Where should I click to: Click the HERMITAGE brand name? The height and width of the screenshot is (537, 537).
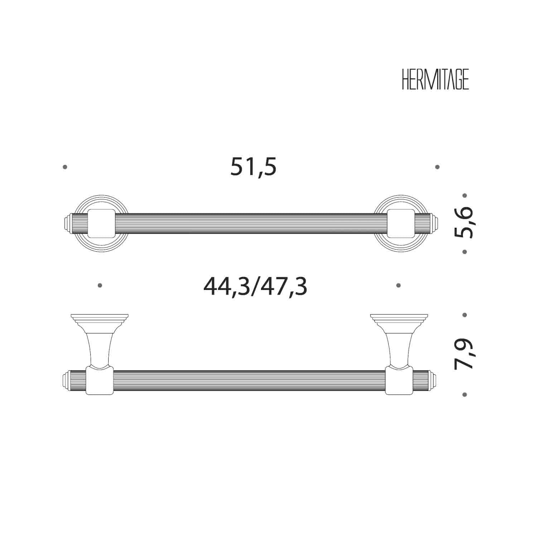point(435,79)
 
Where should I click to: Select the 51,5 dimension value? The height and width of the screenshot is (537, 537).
point(253,167)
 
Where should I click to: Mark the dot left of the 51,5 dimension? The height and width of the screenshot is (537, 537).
point(65,167)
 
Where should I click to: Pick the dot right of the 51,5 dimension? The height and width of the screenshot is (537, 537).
point(437,167)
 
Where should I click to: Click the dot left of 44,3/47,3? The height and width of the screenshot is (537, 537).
point(100,285)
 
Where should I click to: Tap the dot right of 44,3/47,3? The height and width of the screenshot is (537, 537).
point(398,285)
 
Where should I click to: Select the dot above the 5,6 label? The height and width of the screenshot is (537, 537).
point(465,195)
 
